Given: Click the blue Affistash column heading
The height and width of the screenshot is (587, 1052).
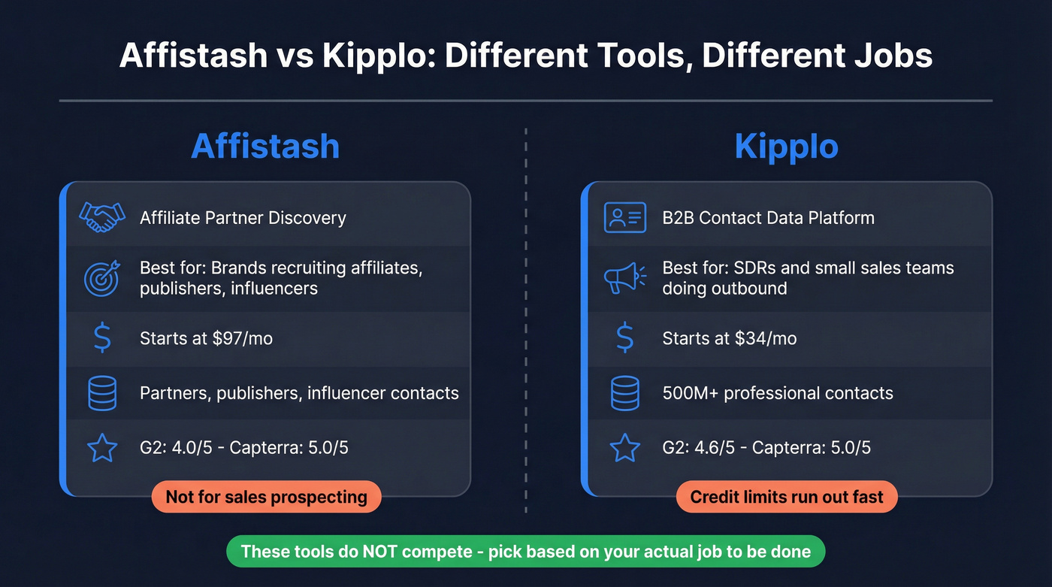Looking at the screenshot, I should coord(265,145).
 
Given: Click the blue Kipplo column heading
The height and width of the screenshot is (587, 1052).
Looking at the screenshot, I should coord(786,145).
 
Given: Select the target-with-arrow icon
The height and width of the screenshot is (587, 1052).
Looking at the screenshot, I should coord(102,277).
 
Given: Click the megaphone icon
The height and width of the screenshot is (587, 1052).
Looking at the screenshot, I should coord(624,277).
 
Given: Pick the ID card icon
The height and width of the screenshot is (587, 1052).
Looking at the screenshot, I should coord(624,218).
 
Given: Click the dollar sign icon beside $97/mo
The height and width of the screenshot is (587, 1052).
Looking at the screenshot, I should coord(102,338).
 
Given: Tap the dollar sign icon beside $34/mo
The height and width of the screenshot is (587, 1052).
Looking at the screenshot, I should coord(624,338).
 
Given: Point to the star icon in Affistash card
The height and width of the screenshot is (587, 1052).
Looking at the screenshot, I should coord(102,448).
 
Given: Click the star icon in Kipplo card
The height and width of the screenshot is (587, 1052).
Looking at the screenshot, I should coord(624,448).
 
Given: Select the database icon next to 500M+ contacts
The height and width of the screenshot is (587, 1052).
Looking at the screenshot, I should coord(624,393).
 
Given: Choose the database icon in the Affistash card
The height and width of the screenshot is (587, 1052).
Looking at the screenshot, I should coord(102,393).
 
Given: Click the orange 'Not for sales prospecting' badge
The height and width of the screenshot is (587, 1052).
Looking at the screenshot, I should coord(266,497).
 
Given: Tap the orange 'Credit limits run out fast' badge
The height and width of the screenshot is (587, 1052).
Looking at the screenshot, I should coord(787,497).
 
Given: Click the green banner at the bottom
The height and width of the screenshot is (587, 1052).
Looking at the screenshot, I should coord(525,552).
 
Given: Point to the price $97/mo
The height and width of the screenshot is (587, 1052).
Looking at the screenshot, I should coord(242,338).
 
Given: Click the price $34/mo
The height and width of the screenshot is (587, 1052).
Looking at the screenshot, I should coord(766,338).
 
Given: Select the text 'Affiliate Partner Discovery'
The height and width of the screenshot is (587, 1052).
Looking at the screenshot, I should coord(243,218).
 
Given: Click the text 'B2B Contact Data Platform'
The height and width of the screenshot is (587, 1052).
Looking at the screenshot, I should coord(768,218).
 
